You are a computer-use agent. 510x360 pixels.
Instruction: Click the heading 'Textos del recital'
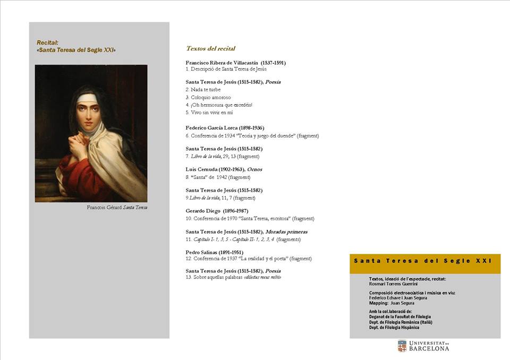click(x=210, y=48)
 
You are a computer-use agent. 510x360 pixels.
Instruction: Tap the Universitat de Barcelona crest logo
click(x=402, y=346)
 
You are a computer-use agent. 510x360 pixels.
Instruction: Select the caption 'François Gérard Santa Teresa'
click(x=117, y=207)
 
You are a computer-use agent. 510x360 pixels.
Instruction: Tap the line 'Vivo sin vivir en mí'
click(x=209, y=112)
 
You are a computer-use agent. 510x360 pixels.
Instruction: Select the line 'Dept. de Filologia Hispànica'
click(x=394, y=327)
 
